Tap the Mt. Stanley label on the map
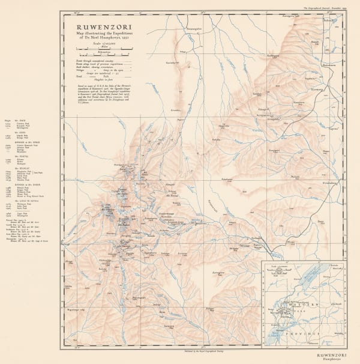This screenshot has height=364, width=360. pyautogui.click(x=110, y=211)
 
